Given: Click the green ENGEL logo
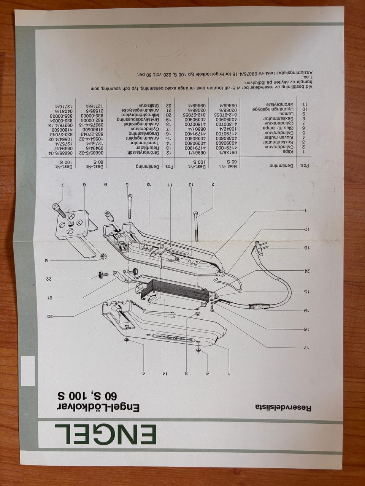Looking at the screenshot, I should [106, 434].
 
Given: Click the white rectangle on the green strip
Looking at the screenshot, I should [28, 371].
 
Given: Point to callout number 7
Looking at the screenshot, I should [62, 185].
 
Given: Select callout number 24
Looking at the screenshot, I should [306, 271].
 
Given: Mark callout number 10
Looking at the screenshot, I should [306, 229].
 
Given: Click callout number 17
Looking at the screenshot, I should [306, 348].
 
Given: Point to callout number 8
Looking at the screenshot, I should [47, 261].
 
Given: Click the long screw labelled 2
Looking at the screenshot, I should [197, 226].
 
